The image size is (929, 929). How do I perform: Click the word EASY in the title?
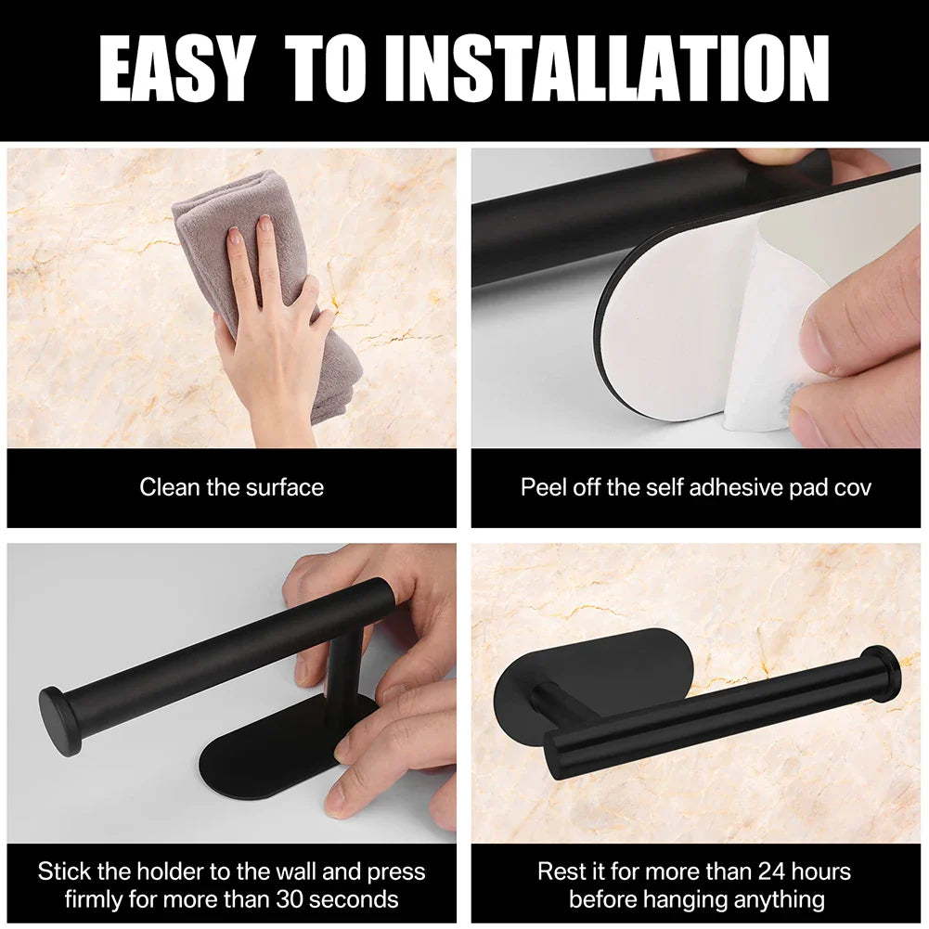(174, 71)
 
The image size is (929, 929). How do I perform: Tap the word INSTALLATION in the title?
(608, 71)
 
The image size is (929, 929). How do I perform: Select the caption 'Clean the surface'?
(231, 487)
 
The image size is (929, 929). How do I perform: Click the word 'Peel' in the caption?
(542, 487)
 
